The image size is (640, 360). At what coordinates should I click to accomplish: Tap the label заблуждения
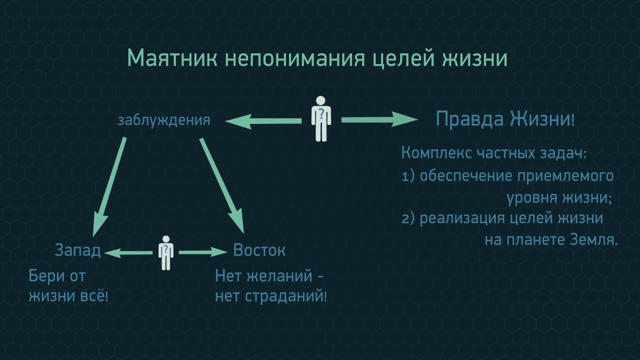[x=163, y=120]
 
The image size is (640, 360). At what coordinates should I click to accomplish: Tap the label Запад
[x=77, y=250]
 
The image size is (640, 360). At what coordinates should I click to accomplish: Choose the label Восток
[x=259, y=250]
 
